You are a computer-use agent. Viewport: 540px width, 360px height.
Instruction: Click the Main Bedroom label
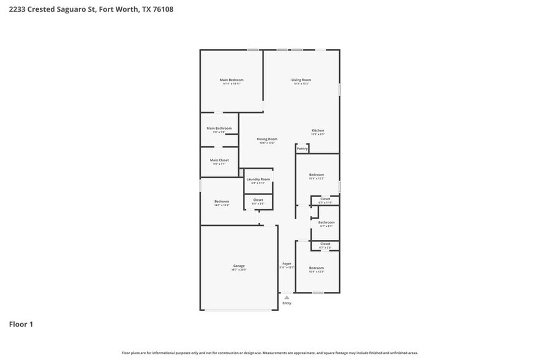231,80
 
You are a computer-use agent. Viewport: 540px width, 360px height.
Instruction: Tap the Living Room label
301,80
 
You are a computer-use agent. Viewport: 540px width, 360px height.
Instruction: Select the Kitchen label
318,130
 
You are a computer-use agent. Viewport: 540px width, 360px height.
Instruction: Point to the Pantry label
302,148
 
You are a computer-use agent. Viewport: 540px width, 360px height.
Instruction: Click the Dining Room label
267,139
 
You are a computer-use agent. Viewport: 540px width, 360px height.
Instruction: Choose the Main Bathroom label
219,128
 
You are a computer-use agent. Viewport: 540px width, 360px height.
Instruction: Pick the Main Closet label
219,160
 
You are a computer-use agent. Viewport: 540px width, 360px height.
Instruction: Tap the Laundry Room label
258,179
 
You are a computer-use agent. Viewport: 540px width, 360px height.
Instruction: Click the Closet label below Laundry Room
258,200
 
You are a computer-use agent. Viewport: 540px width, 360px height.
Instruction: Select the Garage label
238,266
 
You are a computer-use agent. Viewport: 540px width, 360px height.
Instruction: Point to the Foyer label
287,264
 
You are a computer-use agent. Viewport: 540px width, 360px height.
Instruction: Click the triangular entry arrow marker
287,297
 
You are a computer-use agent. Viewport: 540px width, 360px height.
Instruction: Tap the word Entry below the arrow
287,303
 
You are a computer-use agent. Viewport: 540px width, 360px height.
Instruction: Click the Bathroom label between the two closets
326,222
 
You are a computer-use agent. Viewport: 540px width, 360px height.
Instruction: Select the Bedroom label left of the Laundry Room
221,201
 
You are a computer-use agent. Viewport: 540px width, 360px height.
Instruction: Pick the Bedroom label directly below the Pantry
316,175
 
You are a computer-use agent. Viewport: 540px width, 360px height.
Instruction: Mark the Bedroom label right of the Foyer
316,268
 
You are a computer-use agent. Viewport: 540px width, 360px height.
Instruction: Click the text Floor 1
21,324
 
